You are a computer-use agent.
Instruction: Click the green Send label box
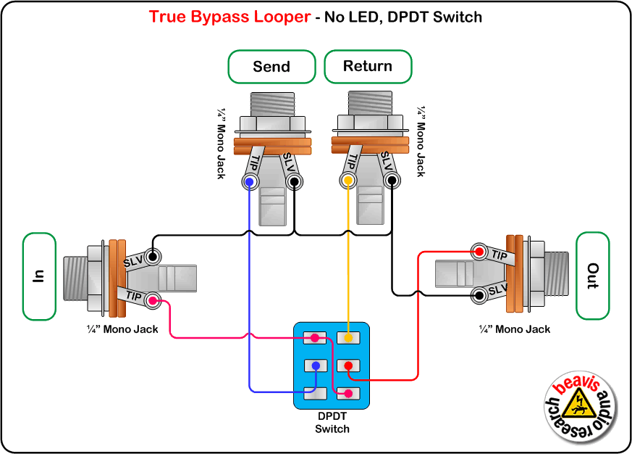tap(271, 67)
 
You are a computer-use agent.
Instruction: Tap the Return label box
tap(368, 67)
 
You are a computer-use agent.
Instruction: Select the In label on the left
tap(39, 276)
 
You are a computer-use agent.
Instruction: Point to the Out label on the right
tap(592, 276)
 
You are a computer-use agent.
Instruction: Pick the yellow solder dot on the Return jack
tap(348, 181)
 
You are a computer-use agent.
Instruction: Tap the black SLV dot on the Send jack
tap(294, 181)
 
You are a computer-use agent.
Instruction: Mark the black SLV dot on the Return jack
tap(392, 181)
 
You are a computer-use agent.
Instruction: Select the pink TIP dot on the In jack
tap(153, 299)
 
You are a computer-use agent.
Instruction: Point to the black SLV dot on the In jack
tap(153, 256)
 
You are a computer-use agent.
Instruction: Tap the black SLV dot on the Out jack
tap(479, 294)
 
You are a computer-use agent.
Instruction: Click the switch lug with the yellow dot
tap(348, 338)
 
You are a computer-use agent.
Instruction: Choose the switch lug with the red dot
tap(348, 366)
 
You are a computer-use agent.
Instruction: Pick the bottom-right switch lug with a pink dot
tap(348, 393)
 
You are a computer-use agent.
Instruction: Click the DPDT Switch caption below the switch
tap(332, 423)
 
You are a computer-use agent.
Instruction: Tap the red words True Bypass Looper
tap(229, 16)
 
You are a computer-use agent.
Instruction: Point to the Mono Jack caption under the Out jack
tap(515, 329)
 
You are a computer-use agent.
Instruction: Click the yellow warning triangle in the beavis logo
tap(580, 401)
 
